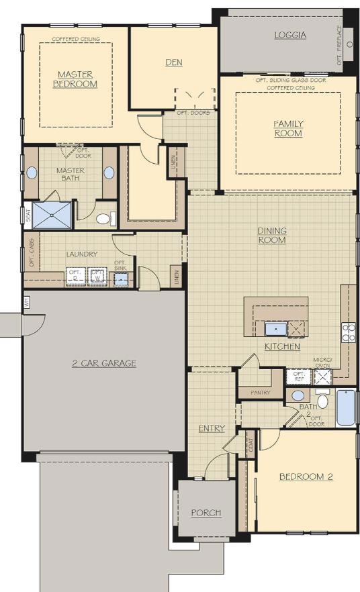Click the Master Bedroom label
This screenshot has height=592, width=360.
click(75, 79)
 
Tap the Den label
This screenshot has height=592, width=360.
click(174, 62)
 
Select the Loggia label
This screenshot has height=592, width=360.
click(290, 35)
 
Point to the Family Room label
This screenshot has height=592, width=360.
click(288, 128)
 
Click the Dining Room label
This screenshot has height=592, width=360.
click(272, 235)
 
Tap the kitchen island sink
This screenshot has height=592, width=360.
click(275, 329)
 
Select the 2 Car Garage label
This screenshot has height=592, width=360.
click(104, 363)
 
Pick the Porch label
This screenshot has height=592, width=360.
click(206, 513)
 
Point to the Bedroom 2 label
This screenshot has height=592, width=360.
click(306, 477)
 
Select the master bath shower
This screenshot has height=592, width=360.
click(52, 215)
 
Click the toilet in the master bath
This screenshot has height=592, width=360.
click(103, 219)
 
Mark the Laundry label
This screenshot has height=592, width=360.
click(82, 254)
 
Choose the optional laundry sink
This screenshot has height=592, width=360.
click(120, 278)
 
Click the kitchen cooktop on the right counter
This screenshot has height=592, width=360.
click(349, 332)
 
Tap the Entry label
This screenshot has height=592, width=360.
click(212, 428)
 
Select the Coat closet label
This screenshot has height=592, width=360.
click(250, 446)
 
